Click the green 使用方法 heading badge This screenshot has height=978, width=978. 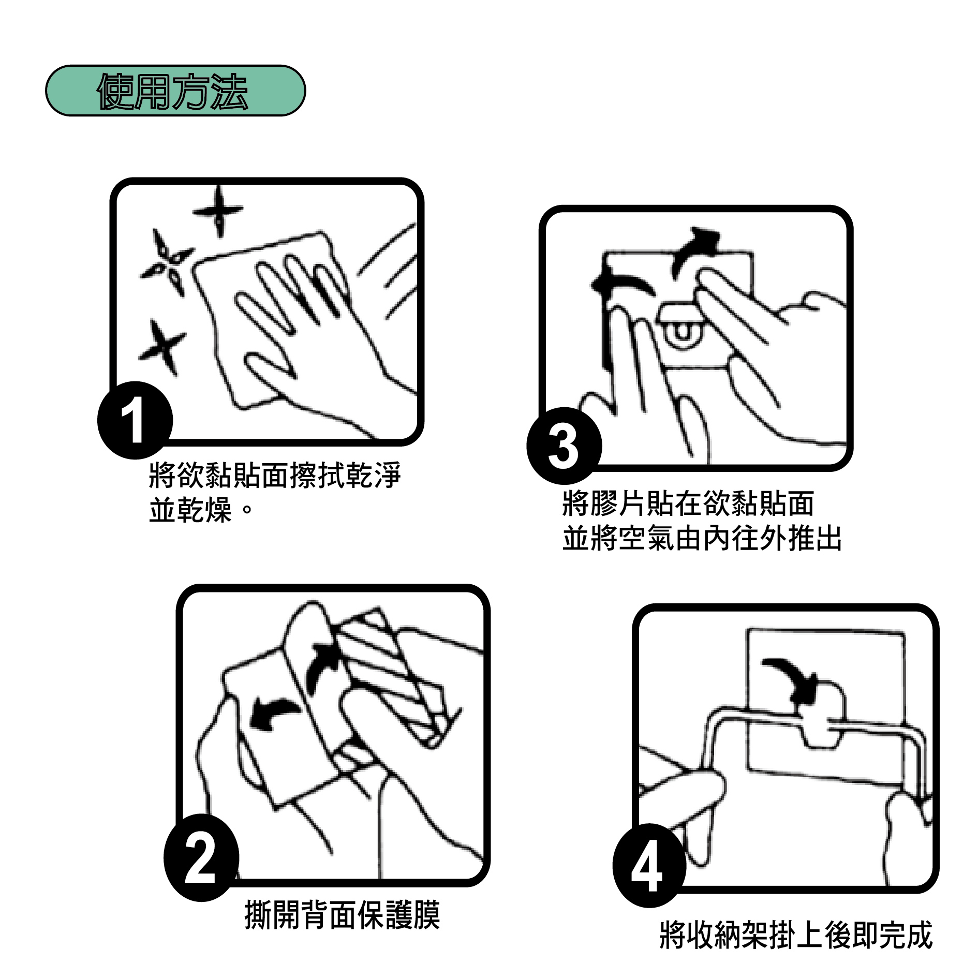(x=175, y=91)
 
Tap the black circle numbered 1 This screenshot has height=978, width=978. (x=135, y=420)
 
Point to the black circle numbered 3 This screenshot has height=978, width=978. (x=564, y=446)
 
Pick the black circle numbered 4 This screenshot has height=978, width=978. (x=649, y=865)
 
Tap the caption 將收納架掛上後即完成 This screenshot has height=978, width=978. (x=796, y=935)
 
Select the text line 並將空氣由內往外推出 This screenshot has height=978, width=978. (x=702, y=538)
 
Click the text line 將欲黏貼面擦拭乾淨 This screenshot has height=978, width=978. (x=275, y=475)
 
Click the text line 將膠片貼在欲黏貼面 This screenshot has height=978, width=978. (x=688, y=503)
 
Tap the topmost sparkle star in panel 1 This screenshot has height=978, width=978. (x=219, y=211)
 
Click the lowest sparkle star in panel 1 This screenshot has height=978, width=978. (x=162, y=346)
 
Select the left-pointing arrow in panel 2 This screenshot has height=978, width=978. (x=273, y=714)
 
